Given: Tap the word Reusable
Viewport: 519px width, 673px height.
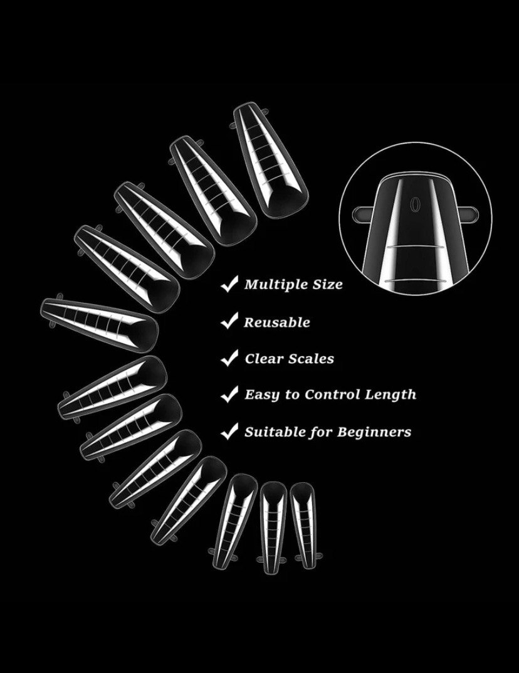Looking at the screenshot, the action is click(x=276, y=322).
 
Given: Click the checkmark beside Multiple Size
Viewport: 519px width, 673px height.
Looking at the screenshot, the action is click(x=229, y=284).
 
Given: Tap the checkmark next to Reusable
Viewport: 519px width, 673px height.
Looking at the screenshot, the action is click(x=229, y=321).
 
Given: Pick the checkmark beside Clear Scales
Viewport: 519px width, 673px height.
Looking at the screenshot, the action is click(x=229, y=358).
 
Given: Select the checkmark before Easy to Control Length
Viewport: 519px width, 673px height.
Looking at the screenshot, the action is click(x=229, y=394).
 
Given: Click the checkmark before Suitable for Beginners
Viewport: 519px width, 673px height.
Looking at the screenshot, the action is click(x=229, y=432).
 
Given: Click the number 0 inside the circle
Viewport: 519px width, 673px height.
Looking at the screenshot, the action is click(x=414, y=203).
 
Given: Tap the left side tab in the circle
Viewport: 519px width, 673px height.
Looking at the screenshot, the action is click(x=364, y=213).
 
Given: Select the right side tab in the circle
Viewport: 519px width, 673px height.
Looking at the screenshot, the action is click(x=467, y=213).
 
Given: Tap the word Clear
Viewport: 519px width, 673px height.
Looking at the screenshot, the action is click(x=268, y=359).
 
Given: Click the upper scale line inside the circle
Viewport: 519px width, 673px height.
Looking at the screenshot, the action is click(x=414, y=248).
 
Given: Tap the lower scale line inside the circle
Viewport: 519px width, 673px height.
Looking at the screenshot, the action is click(x=414, y=280).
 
